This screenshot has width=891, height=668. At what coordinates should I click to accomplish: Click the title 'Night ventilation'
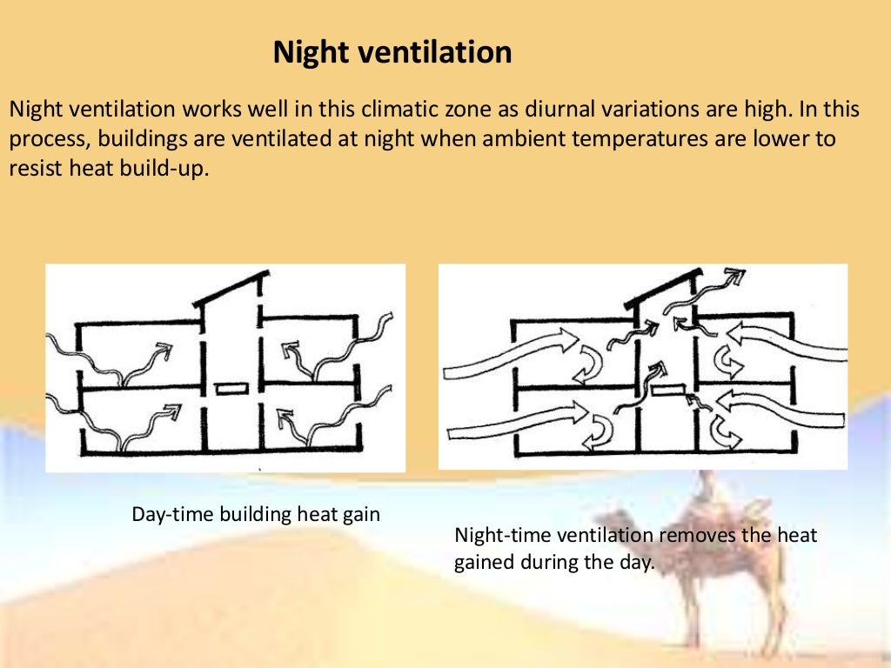click(x=392, y=53)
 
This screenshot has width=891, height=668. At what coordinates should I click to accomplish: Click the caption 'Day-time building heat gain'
click(x=256, y=514)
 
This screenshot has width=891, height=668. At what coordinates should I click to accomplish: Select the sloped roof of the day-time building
click(x=230, y=288)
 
